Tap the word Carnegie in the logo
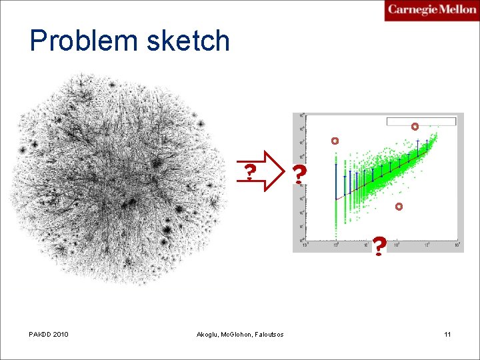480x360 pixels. coord(413,9)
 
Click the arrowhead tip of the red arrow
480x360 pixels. coord(283,171)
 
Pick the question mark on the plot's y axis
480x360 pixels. coord(300,175)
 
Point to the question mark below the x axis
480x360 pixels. coord(379,246)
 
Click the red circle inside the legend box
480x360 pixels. coord(415,126)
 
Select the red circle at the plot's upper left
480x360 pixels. coord(335,141)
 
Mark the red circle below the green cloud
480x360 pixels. coord(399,207)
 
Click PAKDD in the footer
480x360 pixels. coord(41,334)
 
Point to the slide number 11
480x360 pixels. coord(447,334)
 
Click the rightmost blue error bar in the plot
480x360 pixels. coord(418,151)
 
